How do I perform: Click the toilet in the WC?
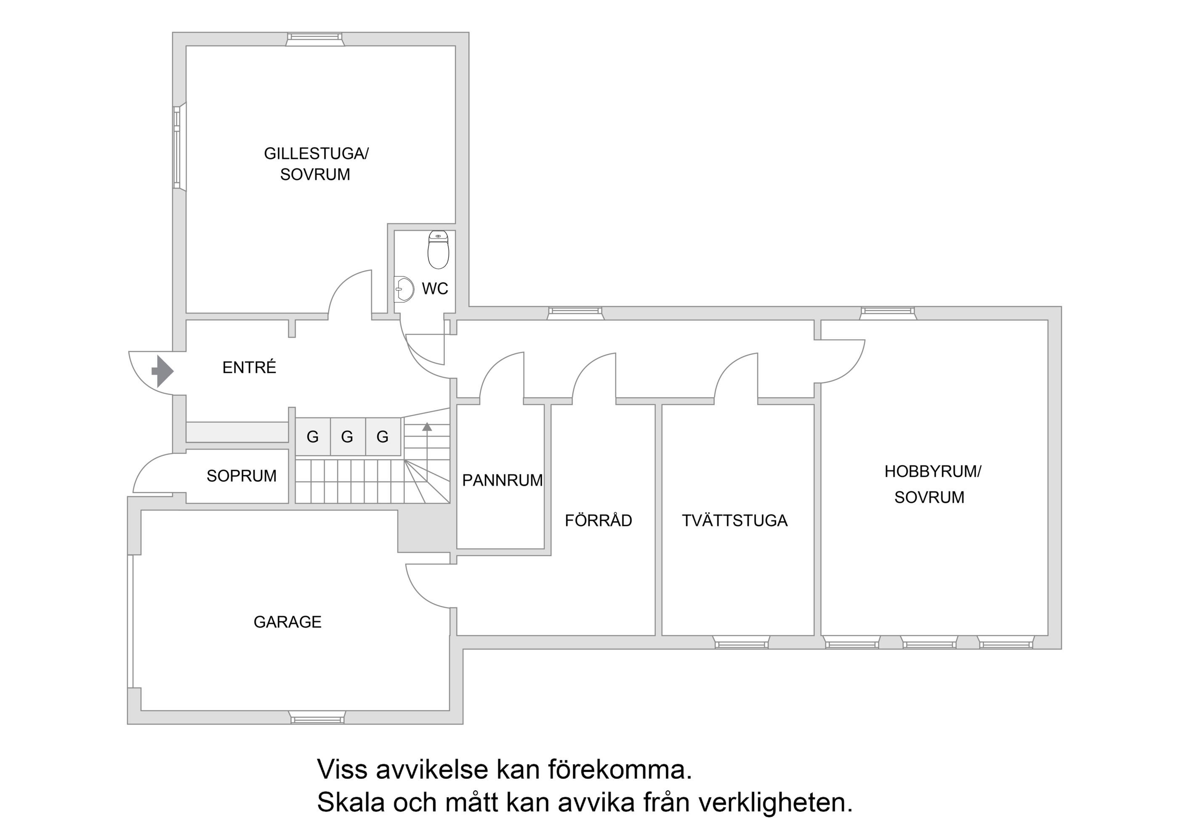tap(439, 249)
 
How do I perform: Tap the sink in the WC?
tap(404, 289)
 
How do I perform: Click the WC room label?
tap(435, 289)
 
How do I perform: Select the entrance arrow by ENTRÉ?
tap(162, 371)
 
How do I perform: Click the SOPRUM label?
tap(242, 475)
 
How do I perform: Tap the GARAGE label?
tap(287, 621)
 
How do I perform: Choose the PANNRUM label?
tap(502, 480)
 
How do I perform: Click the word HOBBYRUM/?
tap(933, 471)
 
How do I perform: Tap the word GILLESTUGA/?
tap(316, 154)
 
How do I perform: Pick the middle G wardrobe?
tap(347, 437)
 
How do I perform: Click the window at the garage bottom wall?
tap(317, 717)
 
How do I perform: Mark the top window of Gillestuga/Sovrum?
tap(315, 39)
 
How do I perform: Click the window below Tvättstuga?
tap(741, 643)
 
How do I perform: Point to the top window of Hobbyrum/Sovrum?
tap(888, 313)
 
